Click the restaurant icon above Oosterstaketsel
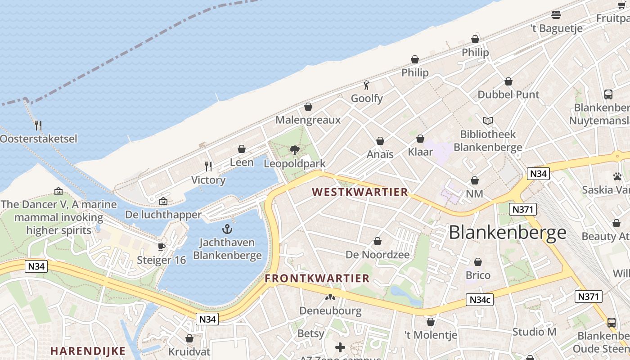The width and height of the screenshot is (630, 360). pyautogui.click(x=38, y=125)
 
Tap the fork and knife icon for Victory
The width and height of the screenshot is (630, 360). pyautogui.click(x=208, y=166)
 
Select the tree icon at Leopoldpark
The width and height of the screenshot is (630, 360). pyautogui.click(x=294, y=150)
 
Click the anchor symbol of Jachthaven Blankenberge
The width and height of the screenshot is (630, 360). pyautogui.click(x=227, y=229)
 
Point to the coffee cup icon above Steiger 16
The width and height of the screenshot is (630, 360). pyautogui.click(x=161, y=247)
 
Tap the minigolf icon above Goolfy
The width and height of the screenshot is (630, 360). pyautogui.click(x=366, y=85)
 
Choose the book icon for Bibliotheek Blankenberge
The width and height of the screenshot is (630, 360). pyautogui.click(x=488, y=121)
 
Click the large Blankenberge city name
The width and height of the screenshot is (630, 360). pyautogui.click(x=508, y=232)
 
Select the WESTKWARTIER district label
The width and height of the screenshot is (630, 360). pyautogui.click(x=360, y=192)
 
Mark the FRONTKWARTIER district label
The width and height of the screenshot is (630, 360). pyautogui.click(x=317, y=279)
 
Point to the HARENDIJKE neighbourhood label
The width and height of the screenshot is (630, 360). pyautogui.click(x=81, y=351)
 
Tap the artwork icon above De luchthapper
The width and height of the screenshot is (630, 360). pyautogui.click(x=163, y=201)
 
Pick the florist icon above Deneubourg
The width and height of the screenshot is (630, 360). pyautogui.click(x=330, y=297)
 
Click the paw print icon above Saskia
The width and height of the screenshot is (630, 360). pyautogui.click(x=617, y=176)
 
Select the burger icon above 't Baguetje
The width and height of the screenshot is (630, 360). pyautogui.click(x=556, y=15)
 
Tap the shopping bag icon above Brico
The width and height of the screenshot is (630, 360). pyautogui.click(x=478, y=262)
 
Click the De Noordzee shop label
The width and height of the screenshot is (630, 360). pyautogui.click(x=378, y=255)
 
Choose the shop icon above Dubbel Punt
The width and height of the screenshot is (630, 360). pyautogui.click(x=508, y=81)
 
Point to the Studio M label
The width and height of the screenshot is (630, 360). pyautogui.click(x=534, y=332)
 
